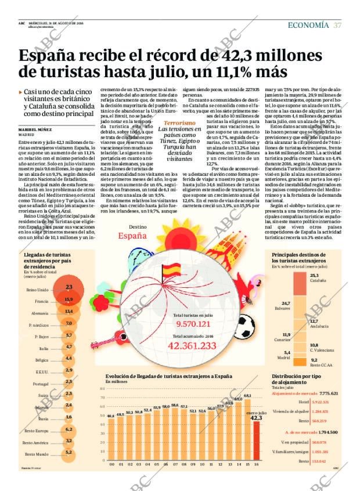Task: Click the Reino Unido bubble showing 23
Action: [68, 287]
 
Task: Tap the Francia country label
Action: [41, 302]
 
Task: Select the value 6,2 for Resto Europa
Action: [69, 429]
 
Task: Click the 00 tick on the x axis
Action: [111, 463]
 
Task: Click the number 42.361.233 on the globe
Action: [192, 346]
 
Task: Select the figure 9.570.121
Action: [192, 324]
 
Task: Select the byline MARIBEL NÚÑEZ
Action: [37, 130]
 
